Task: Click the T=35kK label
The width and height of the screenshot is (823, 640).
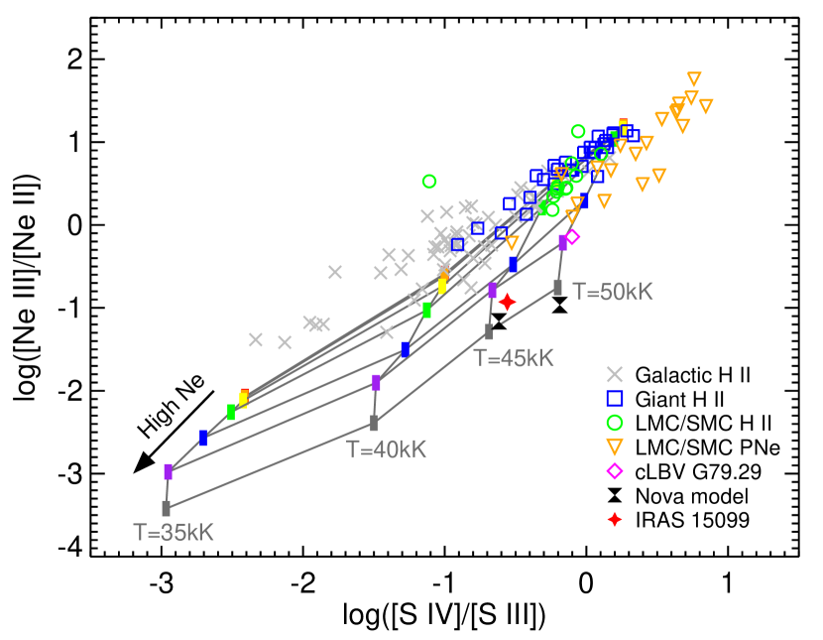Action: (x=174, y=533)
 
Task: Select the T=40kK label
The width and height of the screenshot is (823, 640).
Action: (x=386, y=449)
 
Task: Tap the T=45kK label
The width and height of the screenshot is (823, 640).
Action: (x=513, y=358)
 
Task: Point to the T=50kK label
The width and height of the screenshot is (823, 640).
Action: (x=613, y=292)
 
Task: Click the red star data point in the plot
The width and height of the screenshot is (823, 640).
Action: (x=507, y=302)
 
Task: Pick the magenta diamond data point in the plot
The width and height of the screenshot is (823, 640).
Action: (x=572, y=237)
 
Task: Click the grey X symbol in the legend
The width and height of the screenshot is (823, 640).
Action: (x=615, y=374)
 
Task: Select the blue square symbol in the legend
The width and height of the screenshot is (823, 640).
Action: (x=615, y=398)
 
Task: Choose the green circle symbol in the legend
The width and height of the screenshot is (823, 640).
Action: (x=615, y=423)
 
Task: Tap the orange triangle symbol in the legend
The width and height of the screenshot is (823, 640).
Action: (x=615, y=447)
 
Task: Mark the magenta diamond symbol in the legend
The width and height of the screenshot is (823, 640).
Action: (x=615, y=470)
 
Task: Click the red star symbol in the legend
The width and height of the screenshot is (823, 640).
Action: (x=615, y=519)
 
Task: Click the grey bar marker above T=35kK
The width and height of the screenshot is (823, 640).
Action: (x=166, y=508)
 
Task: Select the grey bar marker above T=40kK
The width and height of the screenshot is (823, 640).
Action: (x=374, y=424)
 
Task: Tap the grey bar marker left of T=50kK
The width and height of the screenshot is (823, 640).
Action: (x=557, y=288)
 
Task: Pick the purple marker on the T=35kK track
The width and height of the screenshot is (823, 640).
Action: (x=168, y=471)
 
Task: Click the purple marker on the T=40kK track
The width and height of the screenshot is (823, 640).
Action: (x=376, y=383)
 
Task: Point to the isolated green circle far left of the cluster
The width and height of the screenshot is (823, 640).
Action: (x=429, y=182)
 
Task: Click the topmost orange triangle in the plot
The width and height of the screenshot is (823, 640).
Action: (x=694, y=78)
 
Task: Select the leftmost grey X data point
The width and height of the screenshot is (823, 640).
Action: (x=256, y=339)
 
